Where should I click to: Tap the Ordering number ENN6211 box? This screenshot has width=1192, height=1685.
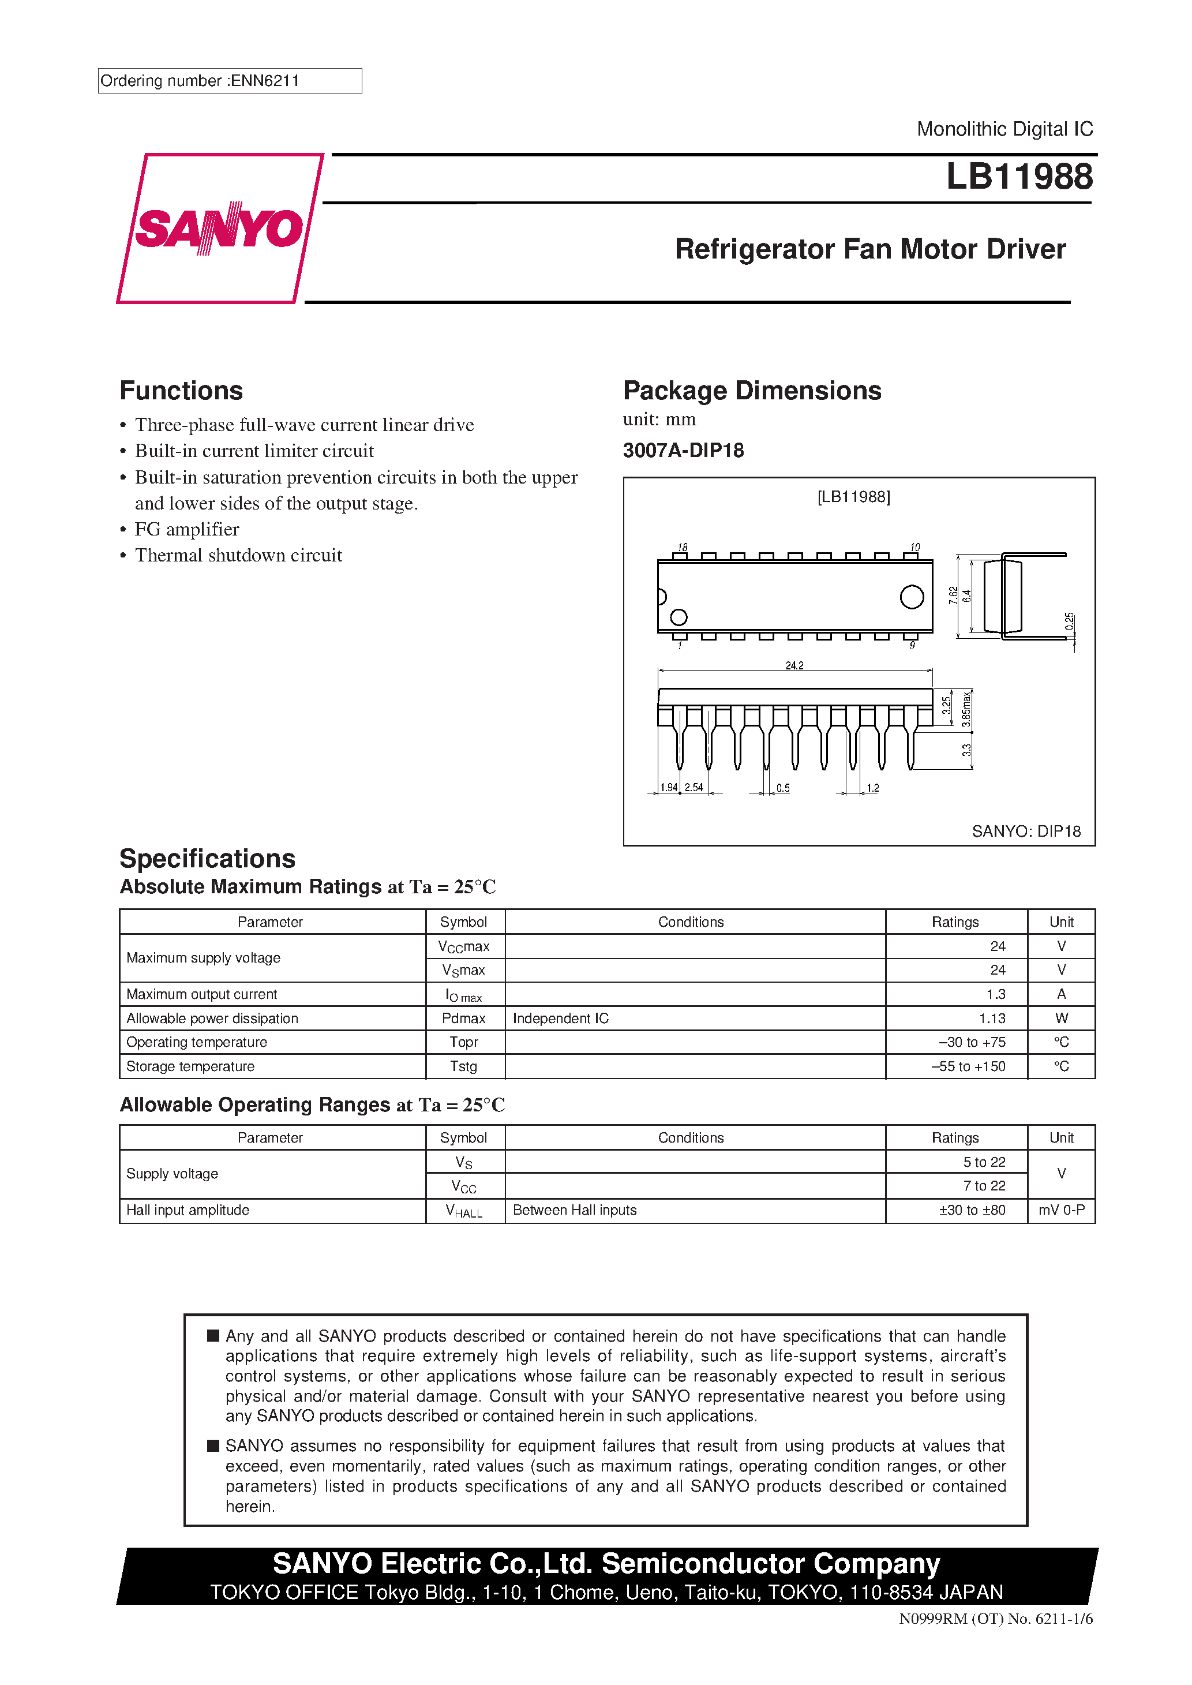pos(229,81)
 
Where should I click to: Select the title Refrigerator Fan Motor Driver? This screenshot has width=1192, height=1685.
pos(870,249)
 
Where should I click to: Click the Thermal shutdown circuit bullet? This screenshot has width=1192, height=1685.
pos(238,556)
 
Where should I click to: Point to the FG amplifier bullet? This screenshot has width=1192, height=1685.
pos(186,529)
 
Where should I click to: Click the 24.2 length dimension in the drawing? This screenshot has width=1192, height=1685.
pos(794,666)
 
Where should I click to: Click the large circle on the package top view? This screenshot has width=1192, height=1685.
pos(912,597)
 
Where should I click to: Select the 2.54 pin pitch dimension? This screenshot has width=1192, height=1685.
pos(694,788)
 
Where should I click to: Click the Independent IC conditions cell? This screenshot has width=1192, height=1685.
pos(561,1018)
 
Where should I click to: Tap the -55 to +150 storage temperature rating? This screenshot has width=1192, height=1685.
pos(968,1066)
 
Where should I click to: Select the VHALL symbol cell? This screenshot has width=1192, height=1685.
pos(464,1211)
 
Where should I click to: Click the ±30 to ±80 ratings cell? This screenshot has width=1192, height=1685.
pos(971,1210)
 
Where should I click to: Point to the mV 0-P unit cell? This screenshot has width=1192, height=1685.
pos(1060,1210)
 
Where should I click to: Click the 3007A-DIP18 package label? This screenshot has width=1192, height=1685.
pos(683,451)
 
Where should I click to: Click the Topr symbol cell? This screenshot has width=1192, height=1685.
pos(464,1042)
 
